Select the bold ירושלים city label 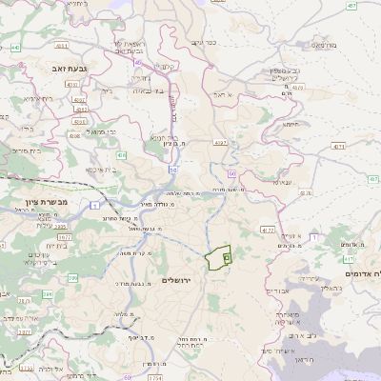pyautogui.click(x=178, y=280)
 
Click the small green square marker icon pyautogui.click(x=227, y=257)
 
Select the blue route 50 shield pyautogui.click(x=174, y=169)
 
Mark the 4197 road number pyautogui.click(x=220, y=143)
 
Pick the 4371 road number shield pyautogui.click(x=339, y=147)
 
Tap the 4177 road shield pyautogui.click(x=267, y=230)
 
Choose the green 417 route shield pyautogui.click(x=349, y=258)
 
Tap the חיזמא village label pyautogui.click(x=291, y=124)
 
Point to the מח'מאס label pyautogui.click(x=349, y=45)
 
